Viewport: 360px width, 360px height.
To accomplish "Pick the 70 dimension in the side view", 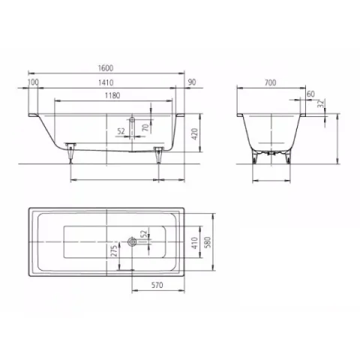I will coord(145,127).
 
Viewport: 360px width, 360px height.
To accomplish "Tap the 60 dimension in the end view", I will coord(310,94).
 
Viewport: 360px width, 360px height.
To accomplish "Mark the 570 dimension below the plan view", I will coord(157,285).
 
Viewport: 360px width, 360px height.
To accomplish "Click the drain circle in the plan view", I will coord(133,241).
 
